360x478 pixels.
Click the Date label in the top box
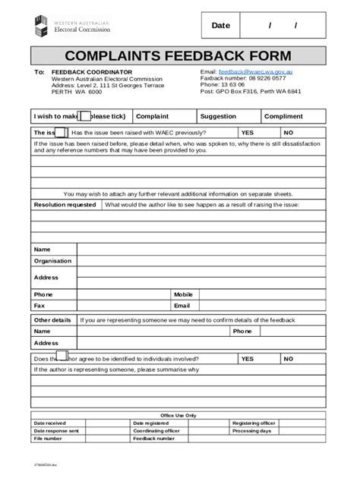tap(220, 26)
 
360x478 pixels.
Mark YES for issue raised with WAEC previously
tap(248, 132)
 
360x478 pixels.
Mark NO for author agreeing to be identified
tap(289, 358)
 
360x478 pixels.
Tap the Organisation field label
tap(52, 260)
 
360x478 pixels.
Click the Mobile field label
tap(184, 294)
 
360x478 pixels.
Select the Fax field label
tap(39, 306)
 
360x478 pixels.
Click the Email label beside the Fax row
tap(182, 306)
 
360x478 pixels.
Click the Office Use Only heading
tap(178, 415)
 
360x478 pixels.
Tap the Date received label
tap(50, 423)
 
